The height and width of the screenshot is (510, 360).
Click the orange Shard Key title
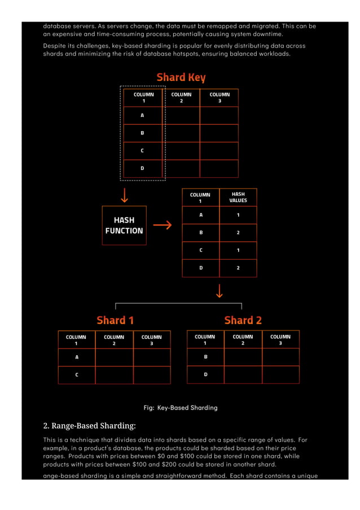(x=181, y=77)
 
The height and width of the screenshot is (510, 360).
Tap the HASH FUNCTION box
(x=124, y=225)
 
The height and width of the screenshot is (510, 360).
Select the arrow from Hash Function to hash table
(x=162, y=225)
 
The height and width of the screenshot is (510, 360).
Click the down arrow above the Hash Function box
(x=124, y=195)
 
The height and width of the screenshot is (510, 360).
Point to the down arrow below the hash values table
(x=219, y=290)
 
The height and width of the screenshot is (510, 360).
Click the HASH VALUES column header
(x=238, y=197)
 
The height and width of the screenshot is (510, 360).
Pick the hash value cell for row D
(x=238, y=268)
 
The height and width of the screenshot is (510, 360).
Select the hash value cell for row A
(x=238, y=215)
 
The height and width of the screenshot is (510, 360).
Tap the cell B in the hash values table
(x=201, y=232)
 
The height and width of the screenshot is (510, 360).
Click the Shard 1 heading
(x=115, y=320)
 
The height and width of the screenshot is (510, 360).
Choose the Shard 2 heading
(x=243, y=320)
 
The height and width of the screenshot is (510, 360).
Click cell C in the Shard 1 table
(x=77, y=375)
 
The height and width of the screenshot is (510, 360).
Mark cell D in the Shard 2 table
(x=205, y=374)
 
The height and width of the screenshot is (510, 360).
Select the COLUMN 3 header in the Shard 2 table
(x=280, y=339)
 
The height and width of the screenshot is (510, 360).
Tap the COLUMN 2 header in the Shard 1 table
(x=114, y=339)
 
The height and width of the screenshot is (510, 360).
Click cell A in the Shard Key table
(x=142, y=115)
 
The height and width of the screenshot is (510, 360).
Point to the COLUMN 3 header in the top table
(x=219, y=98)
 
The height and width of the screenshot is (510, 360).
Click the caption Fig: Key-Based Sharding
(x=180, y=407)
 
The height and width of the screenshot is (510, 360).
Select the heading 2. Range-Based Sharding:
(x=90, y=425)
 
